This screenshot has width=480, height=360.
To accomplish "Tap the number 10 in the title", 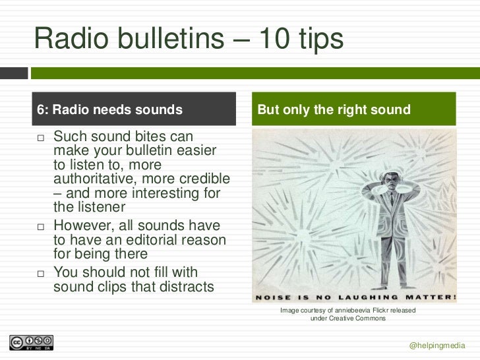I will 270,39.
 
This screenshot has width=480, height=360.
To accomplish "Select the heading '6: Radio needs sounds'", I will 109,109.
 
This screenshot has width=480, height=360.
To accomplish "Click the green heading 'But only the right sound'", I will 334,109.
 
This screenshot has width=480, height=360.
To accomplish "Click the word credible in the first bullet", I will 205,179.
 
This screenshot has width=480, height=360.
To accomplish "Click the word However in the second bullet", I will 84,227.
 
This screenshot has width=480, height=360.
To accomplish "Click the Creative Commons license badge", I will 31,343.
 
